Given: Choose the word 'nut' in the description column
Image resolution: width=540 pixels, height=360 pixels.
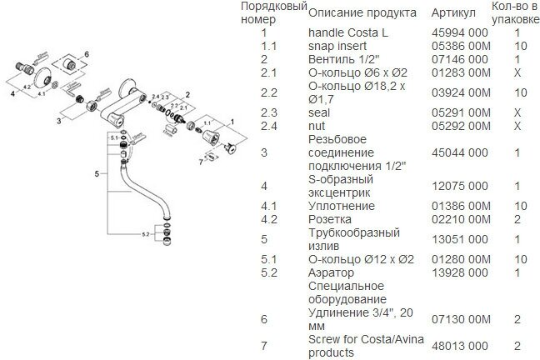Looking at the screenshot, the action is [317, 127].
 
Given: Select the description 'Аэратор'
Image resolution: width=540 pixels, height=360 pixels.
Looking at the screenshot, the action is [331, 272].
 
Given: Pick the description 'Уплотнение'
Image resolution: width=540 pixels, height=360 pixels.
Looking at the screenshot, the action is [341, 206].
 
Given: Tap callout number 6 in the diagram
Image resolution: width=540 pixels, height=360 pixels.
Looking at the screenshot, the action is [85, 53].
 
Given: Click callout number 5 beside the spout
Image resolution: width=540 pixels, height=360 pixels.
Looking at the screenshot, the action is [97, 173].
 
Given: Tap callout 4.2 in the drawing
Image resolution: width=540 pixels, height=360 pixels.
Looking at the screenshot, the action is [27, 85].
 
